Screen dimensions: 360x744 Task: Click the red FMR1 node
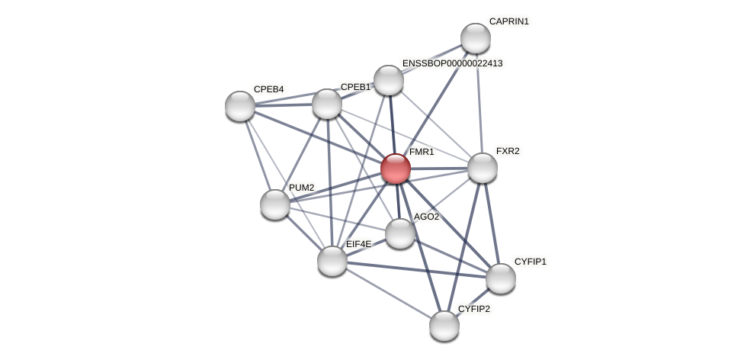396,169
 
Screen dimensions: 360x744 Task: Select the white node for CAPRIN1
476,38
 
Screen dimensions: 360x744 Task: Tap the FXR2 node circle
483,168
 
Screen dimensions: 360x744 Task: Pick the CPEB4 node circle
240,106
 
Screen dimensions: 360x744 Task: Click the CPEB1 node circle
327,104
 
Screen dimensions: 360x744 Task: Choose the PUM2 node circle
275,204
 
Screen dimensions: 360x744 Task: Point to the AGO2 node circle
400,233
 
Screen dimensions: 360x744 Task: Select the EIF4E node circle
332,261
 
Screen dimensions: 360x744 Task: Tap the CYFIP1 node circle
501,278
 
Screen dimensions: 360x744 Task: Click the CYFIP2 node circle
444,326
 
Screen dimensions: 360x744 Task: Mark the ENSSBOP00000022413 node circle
389,80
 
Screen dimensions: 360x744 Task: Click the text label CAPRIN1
508,21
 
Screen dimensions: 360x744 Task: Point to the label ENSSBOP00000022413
452,63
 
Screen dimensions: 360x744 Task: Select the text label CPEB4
268,89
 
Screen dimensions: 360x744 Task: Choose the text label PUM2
301,188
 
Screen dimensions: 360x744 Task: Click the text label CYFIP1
530,262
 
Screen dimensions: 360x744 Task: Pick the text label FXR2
508,151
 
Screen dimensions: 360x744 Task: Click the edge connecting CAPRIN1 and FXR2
479,103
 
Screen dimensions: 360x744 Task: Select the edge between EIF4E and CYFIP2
389,294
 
